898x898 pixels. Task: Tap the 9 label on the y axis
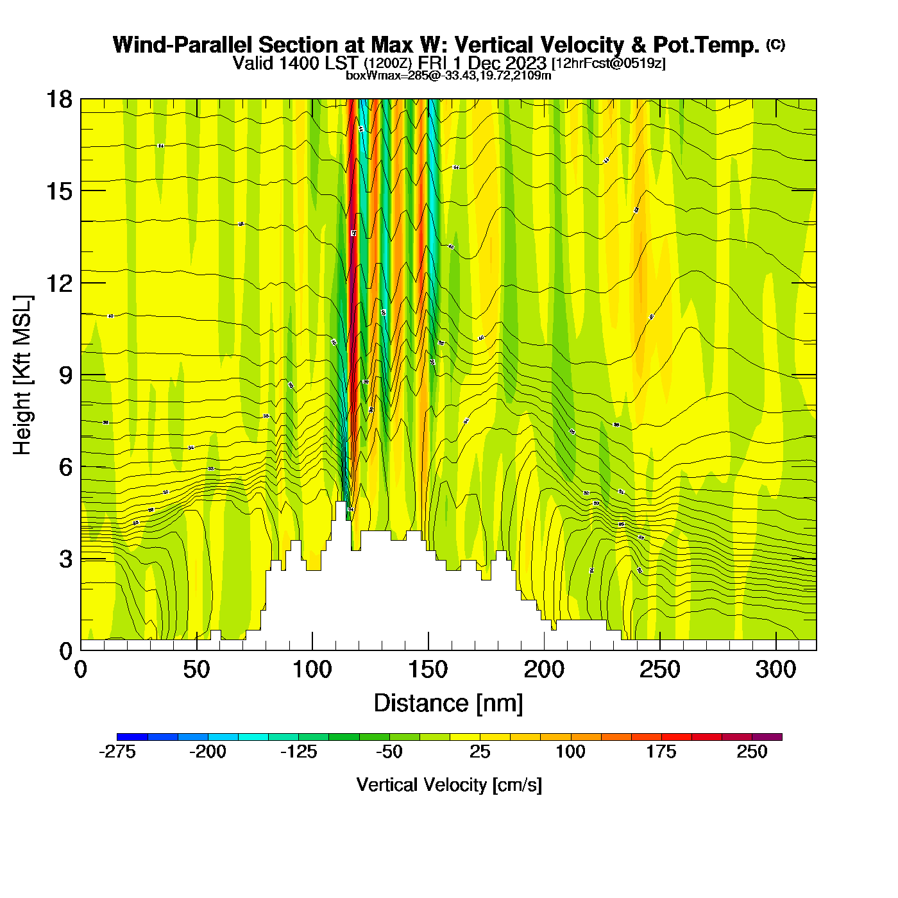pyautogui.click(x=65, y=375)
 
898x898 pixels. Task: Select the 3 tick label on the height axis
pyautogui.click(x=65, y=559)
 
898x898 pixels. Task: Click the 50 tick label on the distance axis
pyautogui.click(x=196, y=670)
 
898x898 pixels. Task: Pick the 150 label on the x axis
pyautogui.click(x=428, y=670)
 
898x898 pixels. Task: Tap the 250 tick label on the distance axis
pyautogui.click(x=660, y=670)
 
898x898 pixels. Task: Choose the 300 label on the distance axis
pyautogui.click(x=776, y=670)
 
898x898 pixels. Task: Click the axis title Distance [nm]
pyautogui.click(x=448, y=704)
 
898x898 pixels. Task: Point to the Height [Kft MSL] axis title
pyautogui.click(x=22, y=375)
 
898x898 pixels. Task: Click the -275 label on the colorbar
pyautogui.click(x=117, y=752)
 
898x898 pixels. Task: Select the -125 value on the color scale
pyautogui.click(x=298, y=752)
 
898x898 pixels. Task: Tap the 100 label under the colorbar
pyautogui.click(x=570, y=752)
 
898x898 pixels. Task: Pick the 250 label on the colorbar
pyautogui.click(x=752, y=752)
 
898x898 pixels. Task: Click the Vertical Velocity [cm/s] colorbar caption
pyautogui.click(x=449, y=785)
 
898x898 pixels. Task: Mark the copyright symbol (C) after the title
pyautogui.click(x=775, y=44)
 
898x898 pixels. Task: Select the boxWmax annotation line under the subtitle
pyautogui.click(x=448, y=76)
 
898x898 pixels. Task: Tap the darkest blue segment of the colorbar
pyautogui.click(x=132, y=737)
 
